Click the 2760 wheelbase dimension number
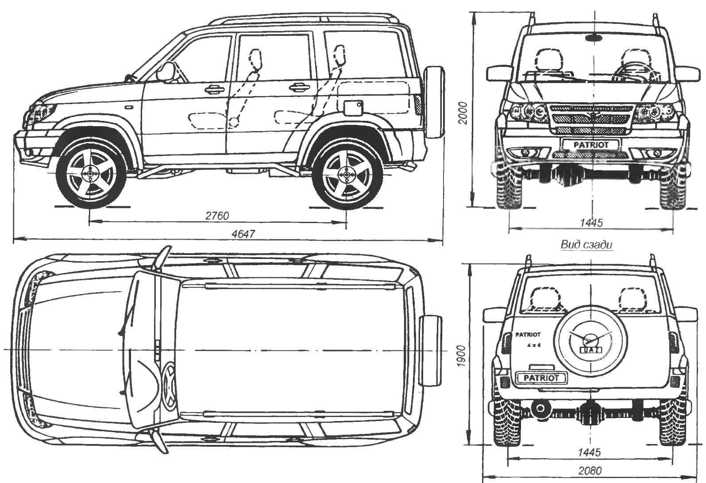(x=217, y=216)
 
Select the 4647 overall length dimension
(x=243, y=234)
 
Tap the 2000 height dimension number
(x=463, y=113)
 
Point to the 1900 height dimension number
(x=461, y=356)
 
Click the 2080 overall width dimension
(x=590, y=471)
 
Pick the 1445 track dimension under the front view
(x=591, y=223)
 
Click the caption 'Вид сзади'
(x=586, y=244)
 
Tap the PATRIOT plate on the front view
(x=591, y=145)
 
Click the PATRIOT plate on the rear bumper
(x=541, y=378)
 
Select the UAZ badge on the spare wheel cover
(x=591, y=350)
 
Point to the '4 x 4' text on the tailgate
(x=534, y=345)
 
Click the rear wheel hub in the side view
(x=347, y=175)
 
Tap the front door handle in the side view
(x=215, y=89)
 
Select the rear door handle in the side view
(x=300, y=87)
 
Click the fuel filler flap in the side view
(x=353, y=108)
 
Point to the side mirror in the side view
(x=166, y=72)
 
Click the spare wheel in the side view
(x=434, y=102)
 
